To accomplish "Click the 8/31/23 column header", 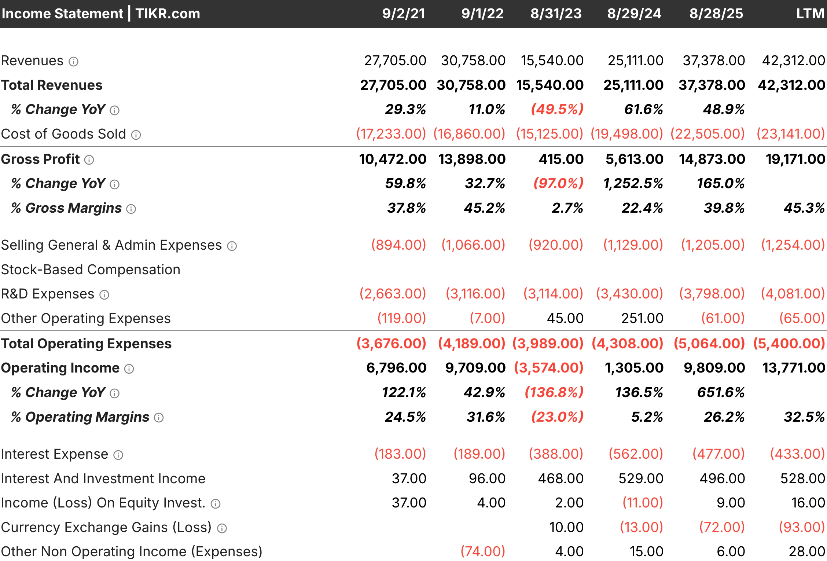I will [556, 14].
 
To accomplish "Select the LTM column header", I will [810, 14].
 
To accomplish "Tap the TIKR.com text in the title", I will [168, 14].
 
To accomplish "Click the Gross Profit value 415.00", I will [561, 159].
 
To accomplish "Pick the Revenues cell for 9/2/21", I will [395, 60].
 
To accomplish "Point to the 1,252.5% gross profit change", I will [633, 183].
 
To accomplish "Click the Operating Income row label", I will [60, 368].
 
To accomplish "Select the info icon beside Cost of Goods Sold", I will [136, 135].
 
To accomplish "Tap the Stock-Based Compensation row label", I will [91, 269].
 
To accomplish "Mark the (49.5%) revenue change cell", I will [557, 109].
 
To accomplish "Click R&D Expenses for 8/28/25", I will [712, 294].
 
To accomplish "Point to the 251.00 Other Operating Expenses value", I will [642, 318].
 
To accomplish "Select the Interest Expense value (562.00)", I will [636, 454].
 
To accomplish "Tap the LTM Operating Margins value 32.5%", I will [804, 417].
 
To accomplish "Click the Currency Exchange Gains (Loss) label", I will [106, 527].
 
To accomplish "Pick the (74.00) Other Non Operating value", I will [482, 551].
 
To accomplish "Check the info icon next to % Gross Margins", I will [131, 209].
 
